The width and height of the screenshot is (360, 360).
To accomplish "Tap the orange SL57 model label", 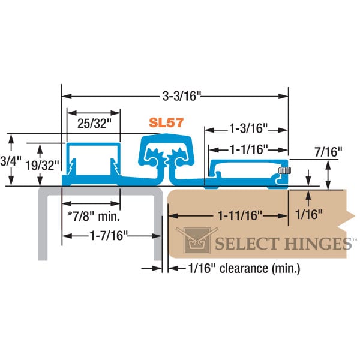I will click(166, 122).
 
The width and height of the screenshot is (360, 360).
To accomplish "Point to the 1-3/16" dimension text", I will click(248, 128).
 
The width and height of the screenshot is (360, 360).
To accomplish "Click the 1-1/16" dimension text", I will click(248, 148).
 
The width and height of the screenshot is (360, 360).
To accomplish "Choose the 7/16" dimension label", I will click(328, 152).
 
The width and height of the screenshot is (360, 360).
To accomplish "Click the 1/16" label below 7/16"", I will click(310, 213).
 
